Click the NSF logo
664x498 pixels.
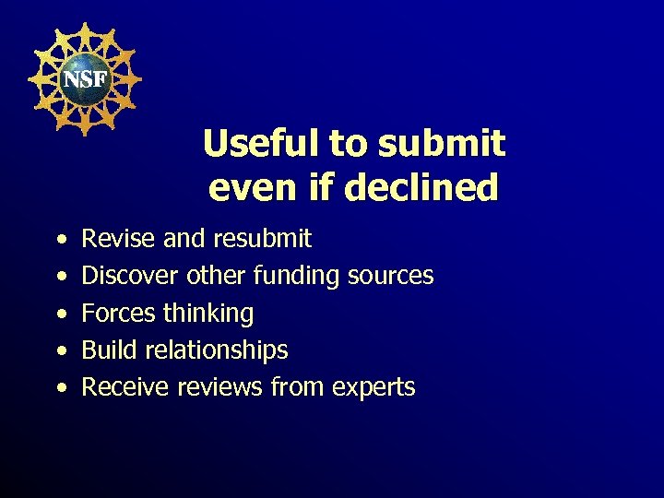coord(84,79)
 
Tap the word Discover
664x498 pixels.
coord(130,276)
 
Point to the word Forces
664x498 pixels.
coord(119,313)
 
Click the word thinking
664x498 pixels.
coord(208,313)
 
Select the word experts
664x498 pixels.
coord(377,386)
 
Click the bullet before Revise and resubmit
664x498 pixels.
coord(60,240)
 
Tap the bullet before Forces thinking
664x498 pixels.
coord(60,314)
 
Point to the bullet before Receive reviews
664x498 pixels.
coord(60,387)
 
